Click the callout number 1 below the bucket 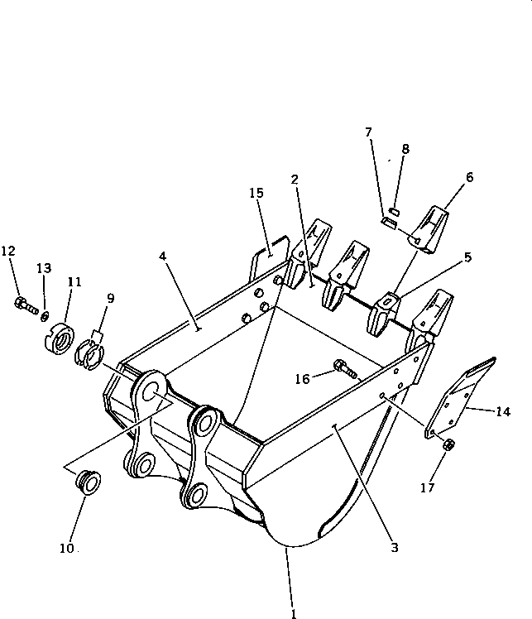point(293,612)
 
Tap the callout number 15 point(256,193)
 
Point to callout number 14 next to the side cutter point(502,411)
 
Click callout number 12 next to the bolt point(8,252)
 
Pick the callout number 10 point(66,548)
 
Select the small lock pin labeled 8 point(395,211)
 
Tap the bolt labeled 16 point(344,369)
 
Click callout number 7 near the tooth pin point(368,132)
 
